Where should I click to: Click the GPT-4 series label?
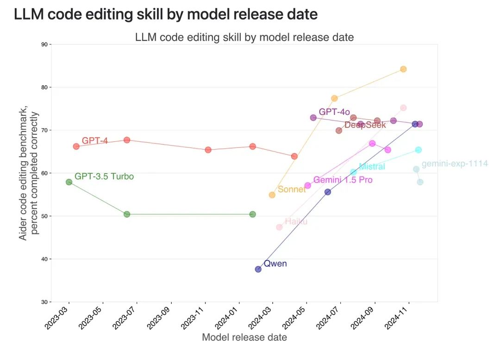click(95, 140)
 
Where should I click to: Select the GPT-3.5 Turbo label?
click(104, 177)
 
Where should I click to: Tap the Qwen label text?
click(275, 264)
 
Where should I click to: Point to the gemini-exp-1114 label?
click(455, 164)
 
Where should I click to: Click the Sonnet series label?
click(292, 189)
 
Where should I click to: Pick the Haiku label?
click(296, 221)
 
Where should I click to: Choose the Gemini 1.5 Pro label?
click(343, 180)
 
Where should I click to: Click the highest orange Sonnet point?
click(403, 69)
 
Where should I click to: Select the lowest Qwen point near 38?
click(258, 269)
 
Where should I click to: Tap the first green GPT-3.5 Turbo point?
click(69, 182)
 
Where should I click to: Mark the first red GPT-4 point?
click(76, 146)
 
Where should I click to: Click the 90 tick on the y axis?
click(44, 44)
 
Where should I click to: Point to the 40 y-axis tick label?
click(44, 259)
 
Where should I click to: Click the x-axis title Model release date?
click(244, 337)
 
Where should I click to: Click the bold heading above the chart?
click(166, 14)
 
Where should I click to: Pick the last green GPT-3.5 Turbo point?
click(252, 214)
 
